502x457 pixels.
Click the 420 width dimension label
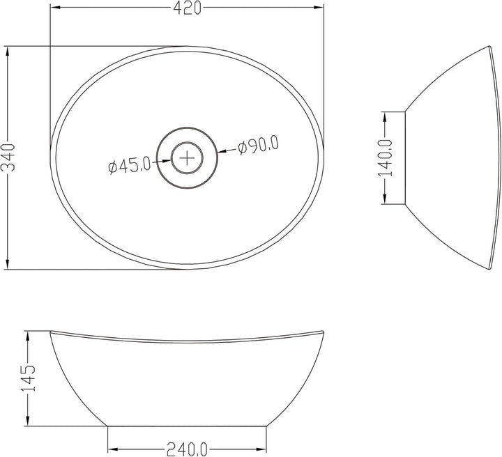[x=188, y=8]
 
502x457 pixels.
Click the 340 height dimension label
[x=8, y=157]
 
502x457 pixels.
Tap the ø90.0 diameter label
[x=258, y=145]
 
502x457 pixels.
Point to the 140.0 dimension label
[x=385, y=157]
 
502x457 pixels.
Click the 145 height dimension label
[x=28, y=378]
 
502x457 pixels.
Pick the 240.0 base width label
[x=187, y=449]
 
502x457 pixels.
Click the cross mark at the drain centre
[x=187, y=158]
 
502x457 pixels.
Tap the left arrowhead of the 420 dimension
[x=54, y=8]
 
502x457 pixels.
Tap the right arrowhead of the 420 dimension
[x=319, y=8]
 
